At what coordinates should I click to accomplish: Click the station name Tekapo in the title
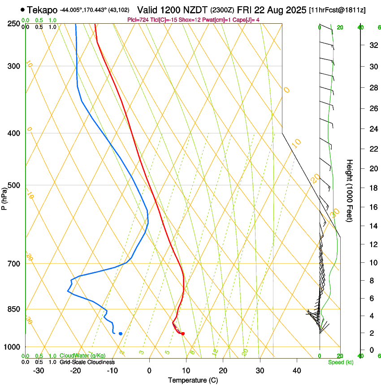coord(42,10)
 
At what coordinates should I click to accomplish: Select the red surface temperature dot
coord(182,334)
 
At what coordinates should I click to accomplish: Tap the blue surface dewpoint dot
coord(121,334)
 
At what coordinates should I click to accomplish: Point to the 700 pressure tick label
coord(14,264)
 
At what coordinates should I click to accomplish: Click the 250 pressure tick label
coord(14,24)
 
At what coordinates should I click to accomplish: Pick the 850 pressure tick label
coord(14,309)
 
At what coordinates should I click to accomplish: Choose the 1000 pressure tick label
coord(13,347)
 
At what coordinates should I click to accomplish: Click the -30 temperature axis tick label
coord(39,370)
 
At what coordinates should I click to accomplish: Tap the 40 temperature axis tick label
coord(296,370)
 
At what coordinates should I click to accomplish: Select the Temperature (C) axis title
coord(193,380)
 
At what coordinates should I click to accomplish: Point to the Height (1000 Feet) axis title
coord(350,190)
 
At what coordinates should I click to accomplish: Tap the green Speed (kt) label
coord(340,362)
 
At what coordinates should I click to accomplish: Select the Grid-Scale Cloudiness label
coord(87,362)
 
